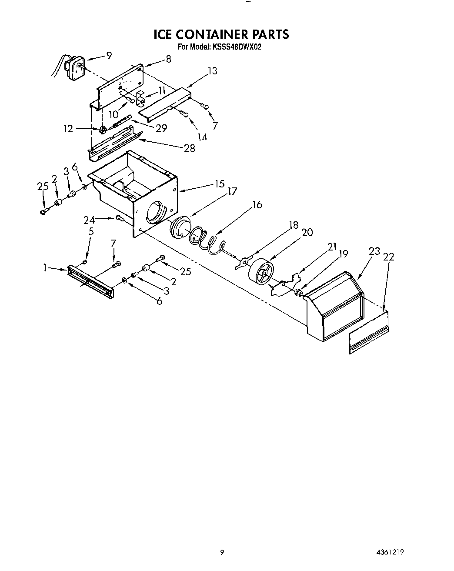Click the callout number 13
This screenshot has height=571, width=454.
(212, 71)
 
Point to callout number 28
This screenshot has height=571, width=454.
(190, 148)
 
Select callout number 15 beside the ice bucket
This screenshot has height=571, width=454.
(219, 184)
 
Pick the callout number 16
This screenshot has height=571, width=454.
(257, 204)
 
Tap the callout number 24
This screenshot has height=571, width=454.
(89, 220)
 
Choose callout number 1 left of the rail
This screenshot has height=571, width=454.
(45, 268)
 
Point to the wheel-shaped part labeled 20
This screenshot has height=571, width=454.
(260, 272)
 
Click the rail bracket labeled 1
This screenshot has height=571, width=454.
(90, 282)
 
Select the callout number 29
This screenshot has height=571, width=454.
(161, 129)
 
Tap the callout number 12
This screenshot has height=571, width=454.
(69, 129)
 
